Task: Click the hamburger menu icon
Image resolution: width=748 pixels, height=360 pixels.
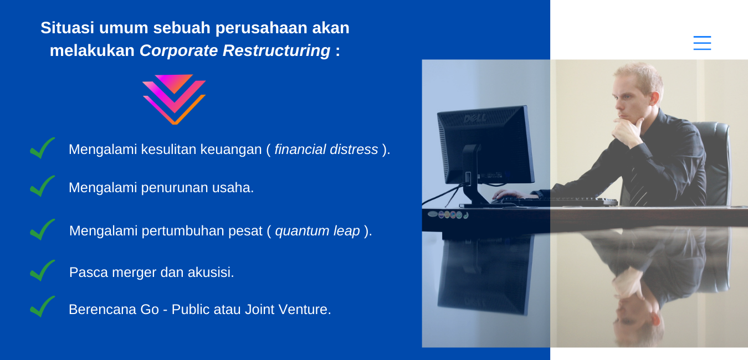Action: click(x=702, y=43)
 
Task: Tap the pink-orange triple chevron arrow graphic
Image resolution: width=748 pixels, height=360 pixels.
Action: click(x=174, y=99)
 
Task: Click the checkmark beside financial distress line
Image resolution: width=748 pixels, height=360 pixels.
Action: click(x=42, y=148)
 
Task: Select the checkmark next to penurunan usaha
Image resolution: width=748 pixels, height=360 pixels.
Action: click(x=42, y=187)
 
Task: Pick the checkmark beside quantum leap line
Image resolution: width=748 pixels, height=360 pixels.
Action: click(x=42, y=230)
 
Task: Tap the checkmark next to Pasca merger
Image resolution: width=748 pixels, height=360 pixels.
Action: click(x=42, y=271)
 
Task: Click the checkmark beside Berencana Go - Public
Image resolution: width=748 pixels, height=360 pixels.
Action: click(x=42, y=307)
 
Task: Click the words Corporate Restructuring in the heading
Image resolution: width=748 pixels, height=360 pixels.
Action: click(x=235, y=50)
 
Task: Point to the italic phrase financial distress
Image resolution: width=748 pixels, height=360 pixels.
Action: click(x=326, y=150)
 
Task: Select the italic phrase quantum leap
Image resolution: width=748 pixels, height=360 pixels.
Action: click(x=317, y=231)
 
